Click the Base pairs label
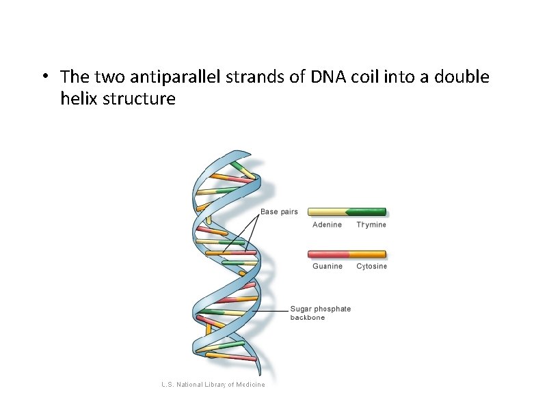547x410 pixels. coord(279,212)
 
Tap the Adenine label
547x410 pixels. coord(327,225)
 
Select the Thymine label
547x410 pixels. coord(371,225)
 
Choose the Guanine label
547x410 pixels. coord(328,266)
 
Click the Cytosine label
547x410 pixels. coord(371,266)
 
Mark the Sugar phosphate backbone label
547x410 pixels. coord(320,313)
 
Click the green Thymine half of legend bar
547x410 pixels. coord(367,212)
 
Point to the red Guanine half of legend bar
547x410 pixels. coord(328,254)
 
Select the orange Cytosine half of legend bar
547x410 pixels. coord(369,254)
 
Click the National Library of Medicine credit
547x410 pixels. coord(213,385)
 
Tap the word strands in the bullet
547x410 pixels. coord(258,77)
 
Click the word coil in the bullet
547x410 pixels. coord(369,77)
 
